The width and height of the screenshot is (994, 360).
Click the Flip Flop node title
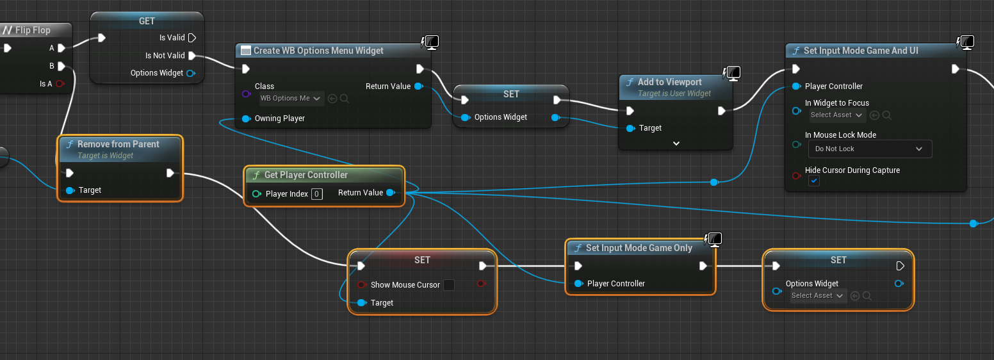click(x=32, y=30)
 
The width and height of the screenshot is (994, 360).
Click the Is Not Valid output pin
click(x=191, y=56)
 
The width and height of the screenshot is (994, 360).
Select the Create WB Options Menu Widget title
click(x=318, y=51)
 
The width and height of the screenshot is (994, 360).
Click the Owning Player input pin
click(x=247, y=119)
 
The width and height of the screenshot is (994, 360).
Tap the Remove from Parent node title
click(x=118, y=144)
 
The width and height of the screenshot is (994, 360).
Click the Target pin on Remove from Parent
click(x=70, y=190)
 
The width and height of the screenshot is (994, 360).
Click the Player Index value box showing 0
click(x=316, y=193)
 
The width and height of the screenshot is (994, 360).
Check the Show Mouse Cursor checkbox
click(x=449, y=285)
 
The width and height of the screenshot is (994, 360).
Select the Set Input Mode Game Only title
click(x=639, y=248)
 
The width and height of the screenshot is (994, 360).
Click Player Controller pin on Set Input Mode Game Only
click(x=578, y=284)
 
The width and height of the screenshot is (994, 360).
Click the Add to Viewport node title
click(x=669, y=82)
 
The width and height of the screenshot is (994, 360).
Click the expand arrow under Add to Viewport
click(x=676, y=143)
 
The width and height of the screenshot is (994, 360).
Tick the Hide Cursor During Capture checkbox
click(x=813, y=181)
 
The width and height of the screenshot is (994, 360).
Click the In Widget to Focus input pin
click(x=796, y=111)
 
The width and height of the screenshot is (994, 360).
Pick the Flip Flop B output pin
click(x=61, y=66)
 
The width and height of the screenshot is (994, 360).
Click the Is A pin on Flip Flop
click(x=60, y=84)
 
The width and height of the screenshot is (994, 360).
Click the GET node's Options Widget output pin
click(x=190, y=74)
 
